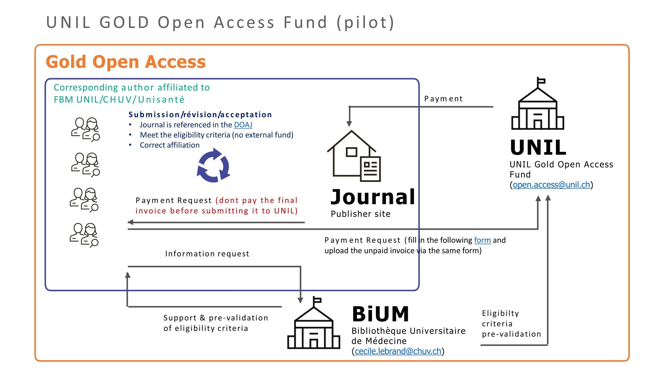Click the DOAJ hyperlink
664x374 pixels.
(243, 125)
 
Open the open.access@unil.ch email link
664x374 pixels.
(551, 185)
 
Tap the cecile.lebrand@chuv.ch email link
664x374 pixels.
(398, 351)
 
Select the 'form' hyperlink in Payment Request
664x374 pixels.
(482, 240)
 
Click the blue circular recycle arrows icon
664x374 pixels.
(213, 165)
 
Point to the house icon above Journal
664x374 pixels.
(354, 156)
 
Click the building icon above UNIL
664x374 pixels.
(538, 103)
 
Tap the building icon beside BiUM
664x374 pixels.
(314, 323)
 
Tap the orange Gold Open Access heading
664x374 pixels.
(126, 62)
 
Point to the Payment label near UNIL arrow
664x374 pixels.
(443, 99)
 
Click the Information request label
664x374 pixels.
(207, 253)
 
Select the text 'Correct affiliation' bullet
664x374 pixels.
(170, 145)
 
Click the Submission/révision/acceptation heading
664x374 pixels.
(200, 115)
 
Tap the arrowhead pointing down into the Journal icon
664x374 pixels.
(349, 124)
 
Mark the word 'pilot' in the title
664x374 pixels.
(365, 22)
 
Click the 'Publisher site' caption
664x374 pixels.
(361, 214)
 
